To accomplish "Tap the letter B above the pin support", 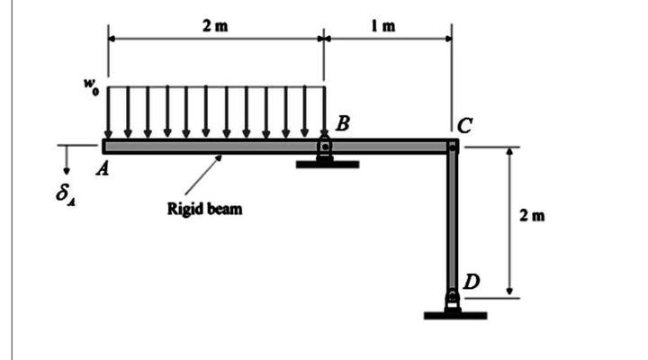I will click(x=341, y=123).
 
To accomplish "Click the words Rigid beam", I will click(x=204, y=210).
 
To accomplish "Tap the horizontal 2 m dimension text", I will click(x=215, y=25).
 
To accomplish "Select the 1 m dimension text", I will click(x=384, y=25).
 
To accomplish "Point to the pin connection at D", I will click(x=452, y=299).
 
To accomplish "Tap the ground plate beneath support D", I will click(x=454, y=315).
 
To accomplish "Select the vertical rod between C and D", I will click(x=452, y=220).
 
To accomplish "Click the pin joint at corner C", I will click(x=452, y=146).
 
